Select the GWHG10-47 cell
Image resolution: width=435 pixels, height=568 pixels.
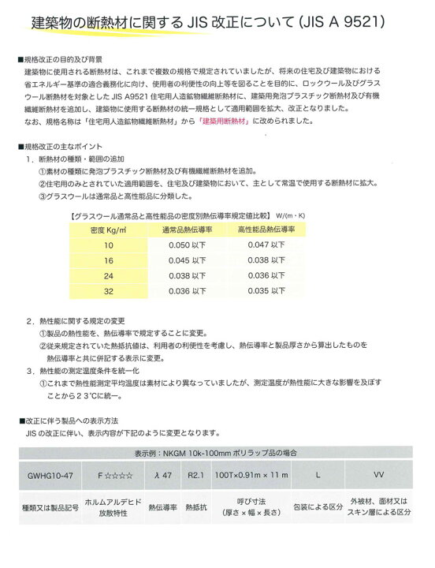pos(49,476)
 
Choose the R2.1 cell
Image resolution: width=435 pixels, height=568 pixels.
pos(197,476)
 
